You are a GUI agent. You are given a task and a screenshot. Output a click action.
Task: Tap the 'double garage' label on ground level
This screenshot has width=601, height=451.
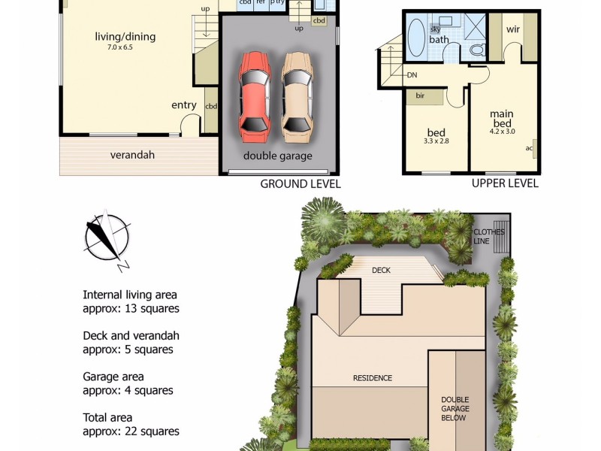pyautogui.click(x=277, y=156)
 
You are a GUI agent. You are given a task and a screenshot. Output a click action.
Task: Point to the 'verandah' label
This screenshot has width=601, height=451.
pyautogui.click(x=132, y=155)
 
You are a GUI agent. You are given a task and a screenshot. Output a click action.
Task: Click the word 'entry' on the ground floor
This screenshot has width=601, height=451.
pyautogui.click(x=184, y=105)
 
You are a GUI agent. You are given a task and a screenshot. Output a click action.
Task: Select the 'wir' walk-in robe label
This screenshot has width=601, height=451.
pyautogui.click(x=513, y=30)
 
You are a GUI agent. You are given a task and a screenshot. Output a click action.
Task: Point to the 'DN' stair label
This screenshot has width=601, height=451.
pyautogui.click(x=412, y=75)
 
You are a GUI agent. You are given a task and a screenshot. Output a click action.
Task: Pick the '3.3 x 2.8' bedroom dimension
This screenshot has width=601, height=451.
pyautogui.click(x=436, y=141)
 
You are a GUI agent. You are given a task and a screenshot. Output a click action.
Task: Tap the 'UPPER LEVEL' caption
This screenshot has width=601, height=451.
pyautogui.click(x=505, y=183)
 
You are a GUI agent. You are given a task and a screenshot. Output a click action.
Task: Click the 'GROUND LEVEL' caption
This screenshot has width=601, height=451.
pyautogui.click(x=300, y=183)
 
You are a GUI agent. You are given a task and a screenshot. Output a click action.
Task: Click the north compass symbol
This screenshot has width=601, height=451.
pyautogui.click(x=107, y=239)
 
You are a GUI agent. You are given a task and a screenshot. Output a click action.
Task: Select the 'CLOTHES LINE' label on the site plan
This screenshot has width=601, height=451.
pyautogui.click(x=489, y=236)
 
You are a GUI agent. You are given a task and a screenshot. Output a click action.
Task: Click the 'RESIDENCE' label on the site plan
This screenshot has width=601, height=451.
pyautogui.click(x=373, y=378)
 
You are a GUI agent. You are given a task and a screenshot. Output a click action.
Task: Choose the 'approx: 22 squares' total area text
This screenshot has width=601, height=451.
pyautogui.click(x=131, y=431)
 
